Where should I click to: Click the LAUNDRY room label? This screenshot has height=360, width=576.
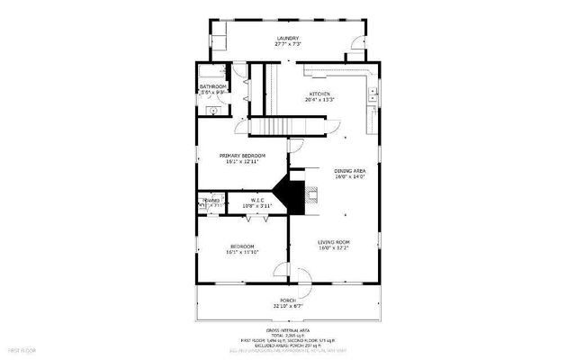(287, 38)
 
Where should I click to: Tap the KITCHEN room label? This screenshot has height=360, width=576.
(320, 94)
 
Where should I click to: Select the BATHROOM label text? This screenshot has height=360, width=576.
(212, 86)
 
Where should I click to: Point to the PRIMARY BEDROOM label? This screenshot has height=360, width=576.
(243, 156)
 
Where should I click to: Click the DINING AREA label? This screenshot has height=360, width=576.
(349, 171)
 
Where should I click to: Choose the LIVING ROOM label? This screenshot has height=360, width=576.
(334, 242)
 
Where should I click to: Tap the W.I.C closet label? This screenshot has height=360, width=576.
(257, 201)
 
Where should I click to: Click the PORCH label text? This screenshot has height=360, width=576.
(288, 300)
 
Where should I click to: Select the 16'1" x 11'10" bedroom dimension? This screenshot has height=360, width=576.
(242, 252)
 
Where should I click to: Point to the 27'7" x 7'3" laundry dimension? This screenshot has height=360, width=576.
(287, 44)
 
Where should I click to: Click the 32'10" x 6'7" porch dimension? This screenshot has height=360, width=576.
(288, 306)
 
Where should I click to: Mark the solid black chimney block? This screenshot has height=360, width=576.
(290, 194)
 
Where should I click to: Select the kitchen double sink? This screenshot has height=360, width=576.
(371, 92)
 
